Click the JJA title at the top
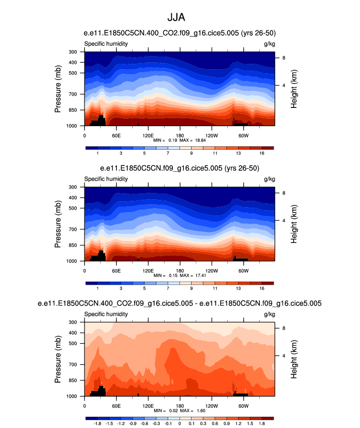tap(180, 18)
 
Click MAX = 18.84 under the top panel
tap(194, 140)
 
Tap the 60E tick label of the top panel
tap(116, 135)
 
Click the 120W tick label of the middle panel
tap(211, 270)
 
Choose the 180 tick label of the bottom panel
tap(180, 405)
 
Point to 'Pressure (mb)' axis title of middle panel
tap(58, 224)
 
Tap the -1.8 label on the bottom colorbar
tap(97, 423)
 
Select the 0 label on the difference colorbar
tap(179, 423)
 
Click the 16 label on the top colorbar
tap(262, 153)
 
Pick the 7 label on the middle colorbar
tap(168, 288)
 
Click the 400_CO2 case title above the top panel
tap(180, 33)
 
